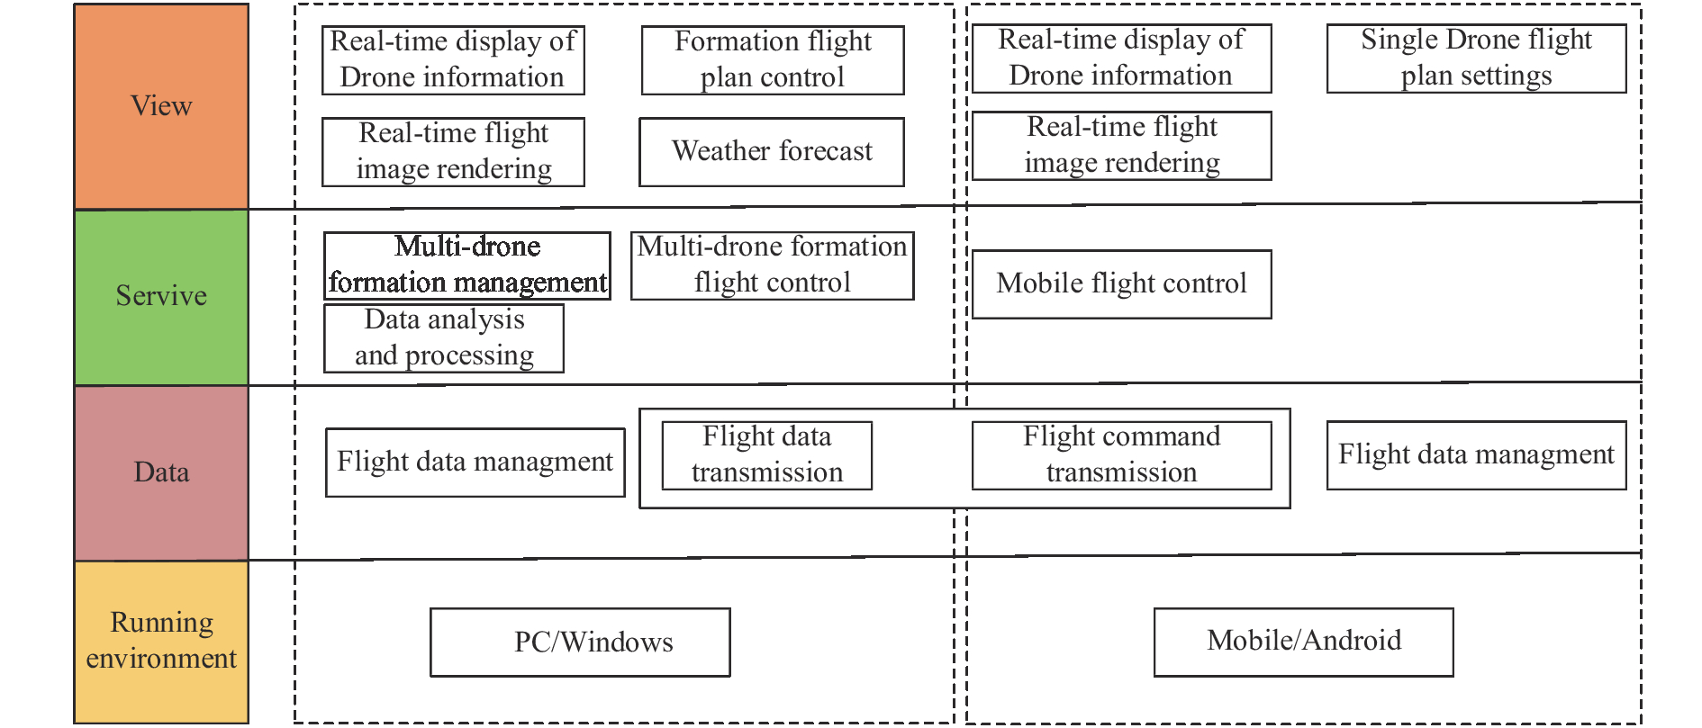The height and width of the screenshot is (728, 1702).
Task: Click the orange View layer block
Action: (x=161, y=106)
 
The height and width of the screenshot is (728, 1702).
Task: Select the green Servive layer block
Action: (x=161, y=297)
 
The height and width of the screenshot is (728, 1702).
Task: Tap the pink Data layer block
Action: (x=161, y=472)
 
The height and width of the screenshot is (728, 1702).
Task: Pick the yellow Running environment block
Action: (x=161, y=642)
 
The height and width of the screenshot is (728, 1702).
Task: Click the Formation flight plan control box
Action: (x=773, y=60)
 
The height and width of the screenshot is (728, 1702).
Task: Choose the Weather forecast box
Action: (x=772, y=152)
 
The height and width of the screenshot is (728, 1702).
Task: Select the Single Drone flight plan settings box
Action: (x=1477, y=58)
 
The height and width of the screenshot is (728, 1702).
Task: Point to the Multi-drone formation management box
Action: (x=467, y=265)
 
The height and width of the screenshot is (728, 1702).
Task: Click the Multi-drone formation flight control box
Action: (x=773, y=265)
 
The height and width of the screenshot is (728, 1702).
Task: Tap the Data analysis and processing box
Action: (x=444, y=338)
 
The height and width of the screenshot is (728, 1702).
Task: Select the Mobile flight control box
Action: (x=1122, y=284)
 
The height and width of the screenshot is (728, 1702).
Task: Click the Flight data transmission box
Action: (x=767, y=455)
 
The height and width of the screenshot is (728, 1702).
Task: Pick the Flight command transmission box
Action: (x=1122, y=455)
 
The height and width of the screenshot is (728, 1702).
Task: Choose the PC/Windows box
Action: (x=580, y=643)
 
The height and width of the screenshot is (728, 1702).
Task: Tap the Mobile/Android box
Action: (x=1304, y=643)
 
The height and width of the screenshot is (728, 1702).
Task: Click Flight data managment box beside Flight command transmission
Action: (x=1477, y=455)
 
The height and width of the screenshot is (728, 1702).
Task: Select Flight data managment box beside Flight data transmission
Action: (x=475, y=463)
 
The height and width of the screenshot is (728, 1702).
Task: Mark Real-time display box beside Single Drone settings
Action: (x=1122, y=58)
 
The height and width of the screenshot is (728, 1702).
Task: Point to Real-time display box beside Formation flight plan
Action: (x=454, y=60)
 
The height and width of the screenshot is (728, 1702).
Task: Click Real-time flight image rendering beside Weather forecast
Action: (x=454, y=152)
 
